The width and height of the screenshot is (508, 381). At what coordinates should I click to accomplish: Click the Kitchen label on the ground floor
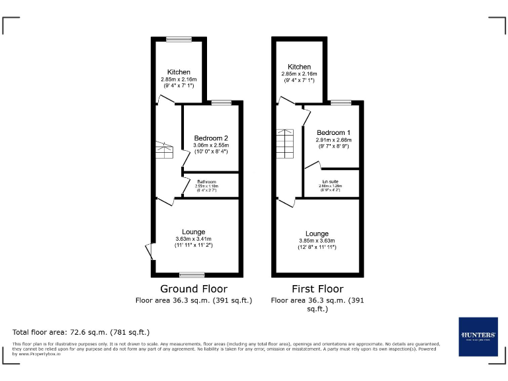[x=179, y=72]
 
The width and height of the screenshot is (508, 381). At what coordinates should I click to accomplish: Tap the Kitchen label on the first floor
[x=299, y=67]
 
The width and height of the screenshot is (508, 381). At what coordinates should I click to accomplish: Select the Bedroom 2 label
[x=211, y=138]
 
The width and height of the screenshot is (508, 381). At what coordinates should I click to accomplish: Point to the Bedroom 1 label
[x=333, y=132]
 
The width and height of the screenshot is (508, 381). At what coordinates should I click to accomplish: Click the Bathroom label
[x=206, y=181]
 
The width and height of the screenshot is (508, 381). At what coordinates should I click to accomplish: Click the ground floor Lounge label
[x=193, y=232]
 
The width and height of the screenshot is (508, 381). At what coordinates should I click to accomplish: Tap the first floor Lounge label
[x=317, y=233]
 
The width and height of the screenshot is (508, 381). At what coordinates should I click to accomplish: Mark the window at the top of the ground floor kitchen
[x=179, y=40]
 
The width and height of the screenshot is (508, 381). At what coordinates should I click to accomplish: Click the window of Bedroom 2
[x=222, y=103]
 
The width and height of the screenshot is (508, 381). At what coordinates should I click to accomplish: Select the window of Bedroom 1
[x=341, y=103]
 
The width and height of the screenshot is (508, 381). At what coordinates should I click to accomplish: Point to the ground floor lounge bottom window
[x=192, y=275]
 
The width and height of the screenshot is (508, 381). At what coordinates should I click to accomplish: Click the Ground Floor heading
[x=194, y=289]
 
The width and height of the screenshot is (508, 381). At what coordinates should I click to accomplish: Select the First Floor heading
[x=317, y=289]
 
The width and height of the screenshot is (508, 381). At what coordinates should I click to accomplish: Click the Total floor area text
[x=81, y=332]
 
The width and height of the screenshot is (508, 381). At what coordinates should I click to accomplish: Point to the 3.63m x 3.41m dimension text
[x=193, y=239]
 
